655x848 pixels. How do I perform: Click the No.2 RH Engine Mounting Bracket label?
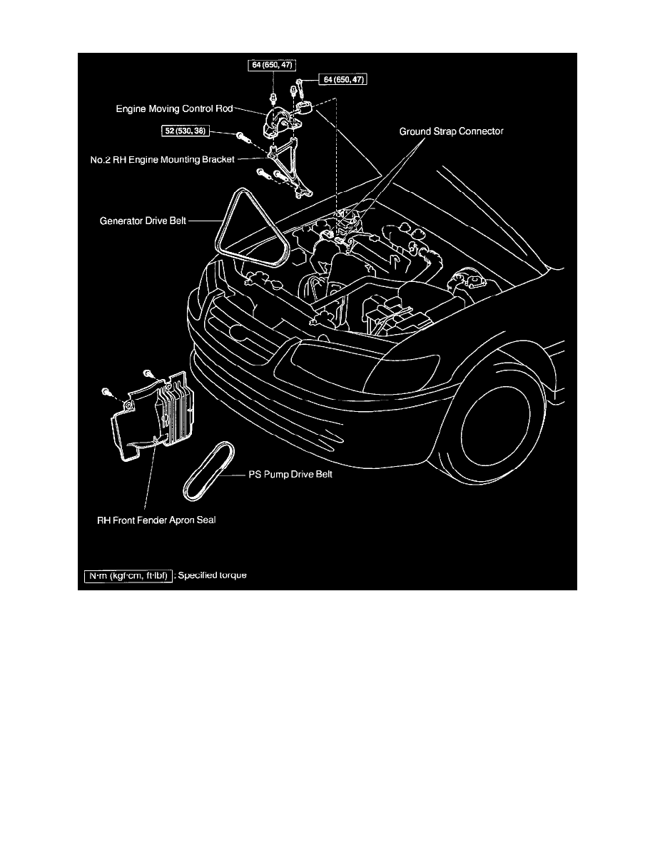click(168, 159)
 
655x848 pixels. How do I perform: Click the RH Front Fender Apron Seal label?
click(156, 520)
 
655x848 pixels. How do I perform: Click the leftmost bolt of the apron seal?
click(106, 393)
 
